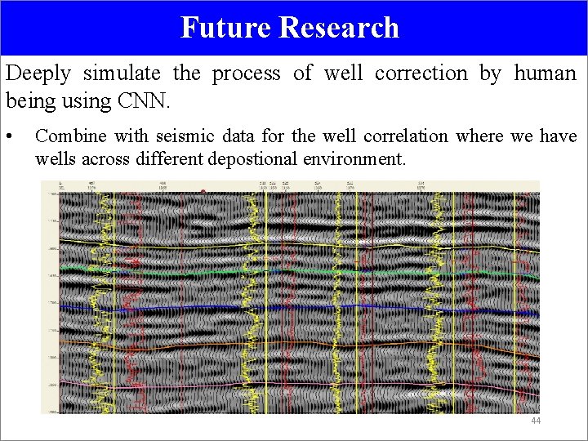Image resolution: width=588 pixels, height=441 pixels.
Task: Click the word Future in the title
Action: pyautogui.click(x=225, y=28)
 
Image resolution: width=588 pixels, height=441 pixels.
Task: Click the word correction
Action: pyautogui.click(x=421, y=73)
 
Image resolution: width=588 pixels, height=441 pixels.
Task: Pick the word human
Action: pyautogui.click(x=545, y=73)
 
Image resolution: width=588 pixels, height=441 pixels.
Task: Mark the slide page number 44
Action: pyautogui.click(x=536, y=421)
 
